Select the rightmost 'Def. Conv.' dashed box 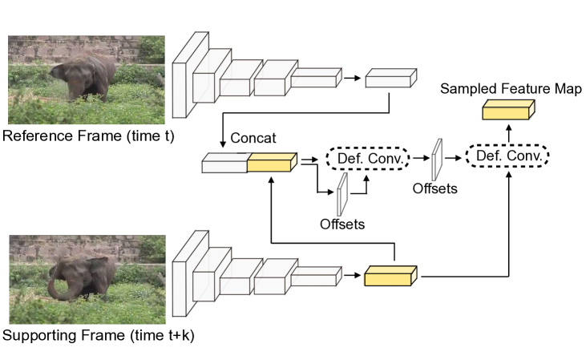click(x=507, y=155)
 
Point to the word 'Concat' click(x=253, y=138)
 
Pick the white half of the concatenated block click(x=225, y=164)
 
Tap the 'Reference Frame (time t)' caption click(x=88, y=135)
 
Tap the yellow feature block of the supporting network click(x=391, y=276)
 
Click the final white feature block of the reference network click(x=391, y=78)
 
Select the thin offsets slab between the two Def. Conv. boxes click(x=438, y=160)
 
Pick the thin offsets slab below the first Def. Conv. click(x=342, y=194)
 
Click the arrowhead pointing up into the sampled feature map click(x=507, y=125)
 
